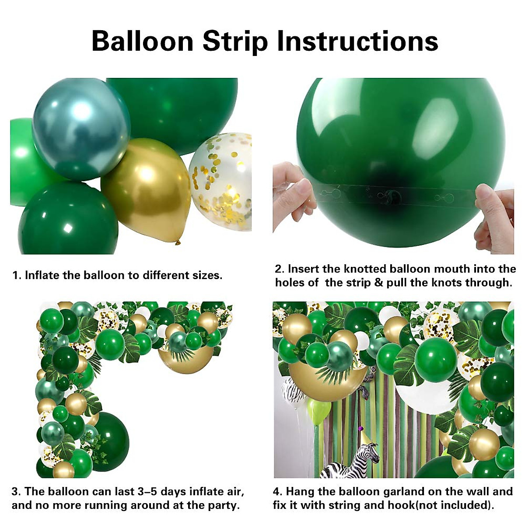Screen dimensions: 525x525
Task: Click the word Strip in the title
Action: click(235, 42)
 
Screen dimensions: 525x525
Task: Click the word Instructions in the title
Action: click(357, 42)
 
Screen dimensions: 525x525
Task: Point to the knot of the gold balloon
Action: click(178, 241)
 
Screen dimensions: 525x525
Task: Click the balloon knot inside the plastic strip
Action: click(391, 197)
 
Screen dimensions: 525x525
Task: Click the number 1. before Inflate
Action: click(17, 275)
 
